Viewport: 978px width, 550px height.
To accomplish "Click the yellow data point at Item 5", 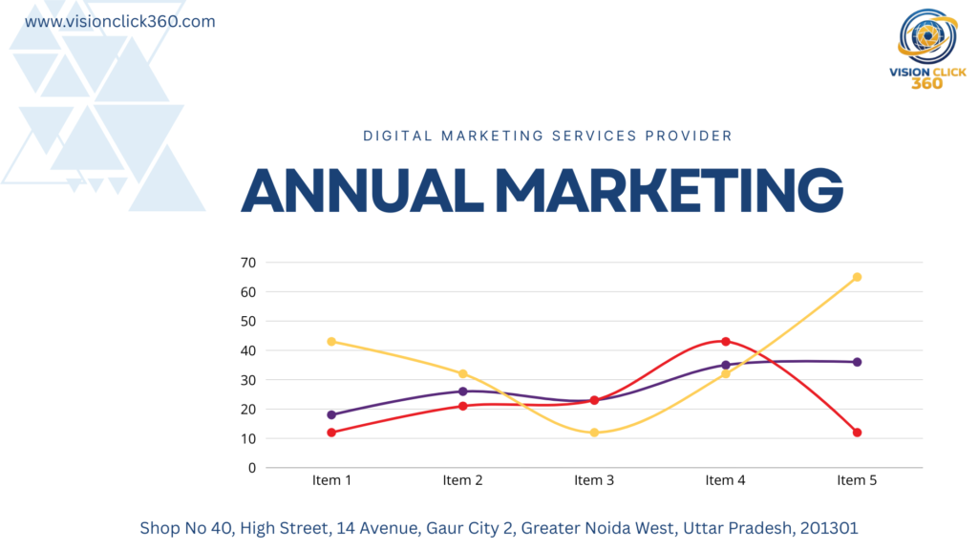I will [x=857, y=277].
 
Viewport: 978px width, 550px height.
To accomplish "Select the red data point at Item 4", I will [x=726, y=341].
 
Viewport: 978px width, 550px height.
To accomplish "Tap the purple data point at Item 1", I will [x=331, y=414].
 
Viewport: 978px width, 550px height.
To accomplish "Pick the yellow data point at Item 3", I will [x=594, y=433].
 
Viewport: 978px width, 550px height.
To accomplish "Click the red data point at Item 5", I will [x=857, y=433].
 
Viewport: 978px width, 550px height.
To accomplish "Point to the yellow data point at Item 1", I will [x=331, y=341].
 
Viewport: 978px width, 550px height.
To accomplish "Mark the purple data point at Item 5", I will [x=857, y=362].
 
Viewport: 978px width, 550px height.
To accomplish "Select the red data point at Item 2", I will [x=463, y=406].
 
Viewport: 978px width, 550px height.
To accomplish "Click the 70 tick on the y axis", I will [x=248, y=262].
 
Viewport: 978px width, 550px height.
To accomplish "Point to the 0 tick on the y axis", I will [x=252, y=468].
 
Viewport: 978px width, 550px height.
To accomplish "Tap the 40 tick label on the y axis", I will [x=248, y=350].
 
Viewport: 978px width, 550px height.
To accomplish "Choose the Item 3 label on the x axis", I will [x=594, y=480].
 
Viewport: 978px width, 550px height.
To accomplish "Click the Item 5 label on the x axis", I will [x=857, y=480].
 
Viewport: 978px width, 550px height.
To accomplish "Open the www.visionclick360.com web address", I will [x=119, y=21].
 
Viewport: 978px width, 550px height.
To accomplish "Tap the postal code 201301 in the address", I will [x=832, y=527].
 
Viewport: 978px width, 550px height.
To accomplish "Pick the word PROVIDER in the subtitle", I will [x=690, y=136].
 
